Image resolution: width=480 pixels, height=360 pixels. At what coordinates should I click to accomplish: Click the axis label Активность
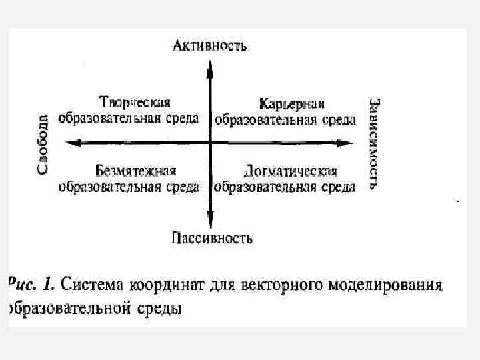pos(210,46)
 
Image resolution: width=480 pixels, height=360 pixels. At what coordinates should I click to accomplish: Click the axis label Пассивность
pos(211,237)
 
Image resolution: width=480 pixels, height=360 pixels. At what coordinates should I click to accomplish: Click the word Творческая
pos(135,103)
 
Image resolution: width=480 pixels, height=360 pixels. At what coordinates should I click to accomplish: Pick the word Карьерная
pos(291,104)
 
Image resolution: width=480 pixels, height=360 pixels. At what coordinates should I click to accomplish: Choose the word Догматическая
pos(291,171)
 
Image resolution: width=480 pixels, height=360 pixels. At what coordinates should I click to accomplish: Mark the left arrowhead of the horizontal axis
pos(73,142)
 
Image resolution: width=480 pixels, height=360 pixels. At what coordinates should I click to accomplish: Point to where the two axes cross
pos(210,142)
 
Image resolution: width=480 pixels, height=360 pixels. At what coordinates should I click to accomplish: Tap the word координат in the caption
pos(163,285)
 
